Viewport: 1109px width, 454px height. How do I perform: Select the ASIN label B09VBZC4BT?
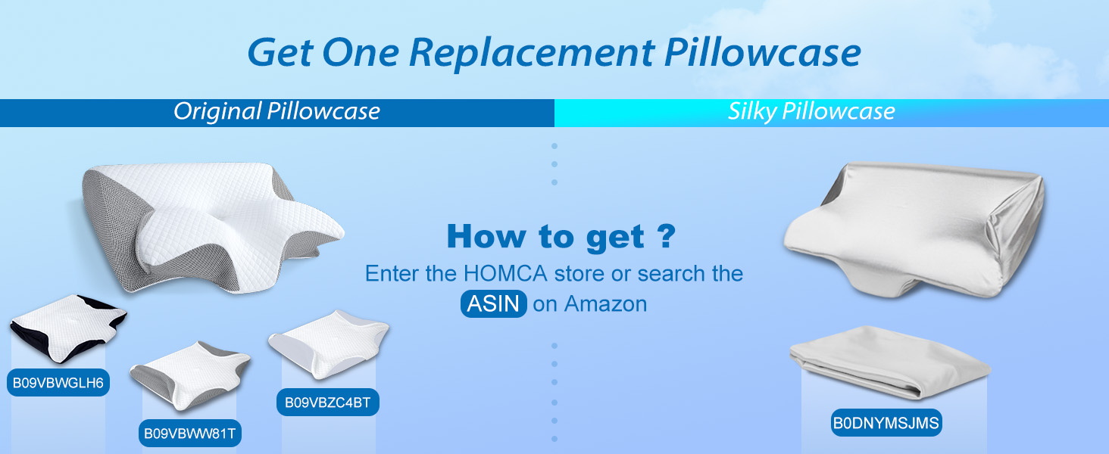327,403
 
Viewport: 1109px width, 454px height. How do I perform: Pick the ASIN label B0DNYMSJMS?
886,423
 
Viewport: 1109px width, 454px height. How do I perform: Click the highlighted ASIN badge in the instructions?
493,303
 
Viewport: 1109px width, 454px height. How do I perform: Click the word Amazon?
605,304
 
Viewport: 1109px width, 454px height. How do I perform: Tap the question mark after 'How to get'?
665,236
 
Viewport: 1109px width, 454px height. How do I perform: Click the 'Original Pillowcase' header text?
276,112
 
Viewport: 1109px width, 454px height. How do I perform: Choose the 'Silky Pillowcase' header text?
811,112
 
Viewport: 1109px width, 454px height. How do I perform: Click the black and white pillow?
67,328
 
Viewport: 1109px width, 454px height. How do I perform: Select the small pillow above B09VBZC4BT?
328,341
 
